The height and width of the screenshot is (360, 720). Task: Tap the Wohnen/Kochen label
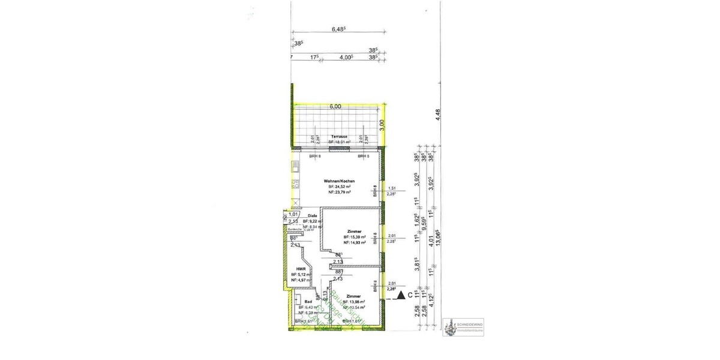339,181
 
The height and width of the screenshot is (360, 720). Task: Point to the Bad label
308,302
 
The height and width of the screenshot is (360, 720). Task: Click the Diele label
312,216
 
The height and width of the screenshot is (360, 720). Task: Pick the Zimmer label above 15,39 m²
353,231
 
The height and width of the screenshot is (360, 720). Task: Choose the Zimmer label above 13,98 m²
353,296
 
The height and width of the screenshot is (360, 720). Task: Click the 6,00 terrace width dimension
335,106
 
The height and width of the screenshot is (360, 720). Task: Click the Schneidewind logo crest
449,327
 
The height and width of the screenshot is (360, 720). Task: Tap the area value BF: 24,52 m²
339,187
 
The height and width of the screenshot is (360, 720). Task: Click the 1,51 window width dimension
392,188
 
